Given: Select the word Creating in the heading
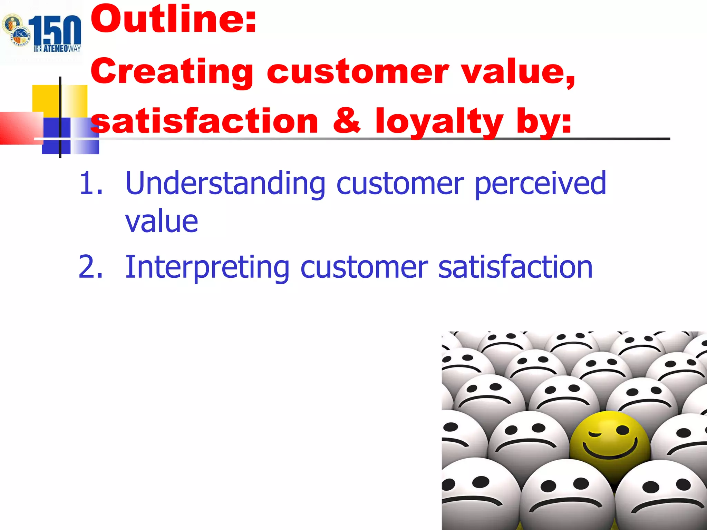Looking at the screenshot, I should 172,72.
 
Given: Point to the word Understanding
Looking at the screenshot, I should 225,184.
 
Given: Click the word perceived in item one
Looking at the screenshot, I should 540,184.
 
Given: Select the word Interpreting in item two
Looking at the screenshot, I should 207,267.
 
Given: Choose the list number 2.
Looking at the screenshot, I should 90,267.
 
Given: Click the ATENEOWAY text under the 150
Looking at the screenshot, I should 57,49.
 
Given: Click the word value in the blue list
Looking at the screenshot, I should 162,222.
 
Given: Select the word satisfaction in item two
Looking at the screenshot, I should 515,267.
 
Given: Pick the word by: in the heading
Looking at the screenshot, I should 544,121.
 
